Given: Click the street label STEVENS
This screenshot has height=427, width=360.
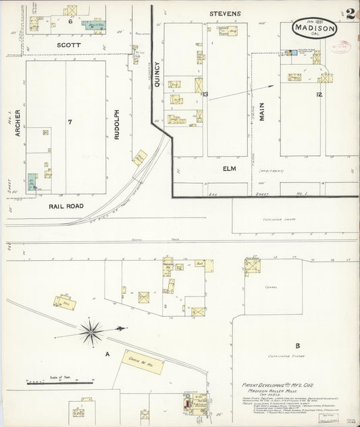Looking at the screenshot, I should (225, 13).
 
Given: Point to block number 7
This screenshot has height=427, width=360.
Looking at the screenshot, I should (70, 122).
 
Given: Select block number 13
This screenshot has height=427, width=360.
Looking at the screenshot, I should (205, 95).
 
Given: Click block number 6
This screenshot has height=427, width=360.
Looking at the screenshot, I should (70, 21).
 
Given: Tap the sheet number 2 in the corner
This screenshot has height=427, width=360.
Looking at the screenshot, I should (351, 14).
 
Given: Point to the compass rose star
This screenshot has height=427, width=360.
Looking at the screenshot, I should (91, 331).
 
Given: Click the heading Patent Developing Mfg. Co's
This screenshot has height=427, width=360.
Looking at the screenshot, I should (275, 383).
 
